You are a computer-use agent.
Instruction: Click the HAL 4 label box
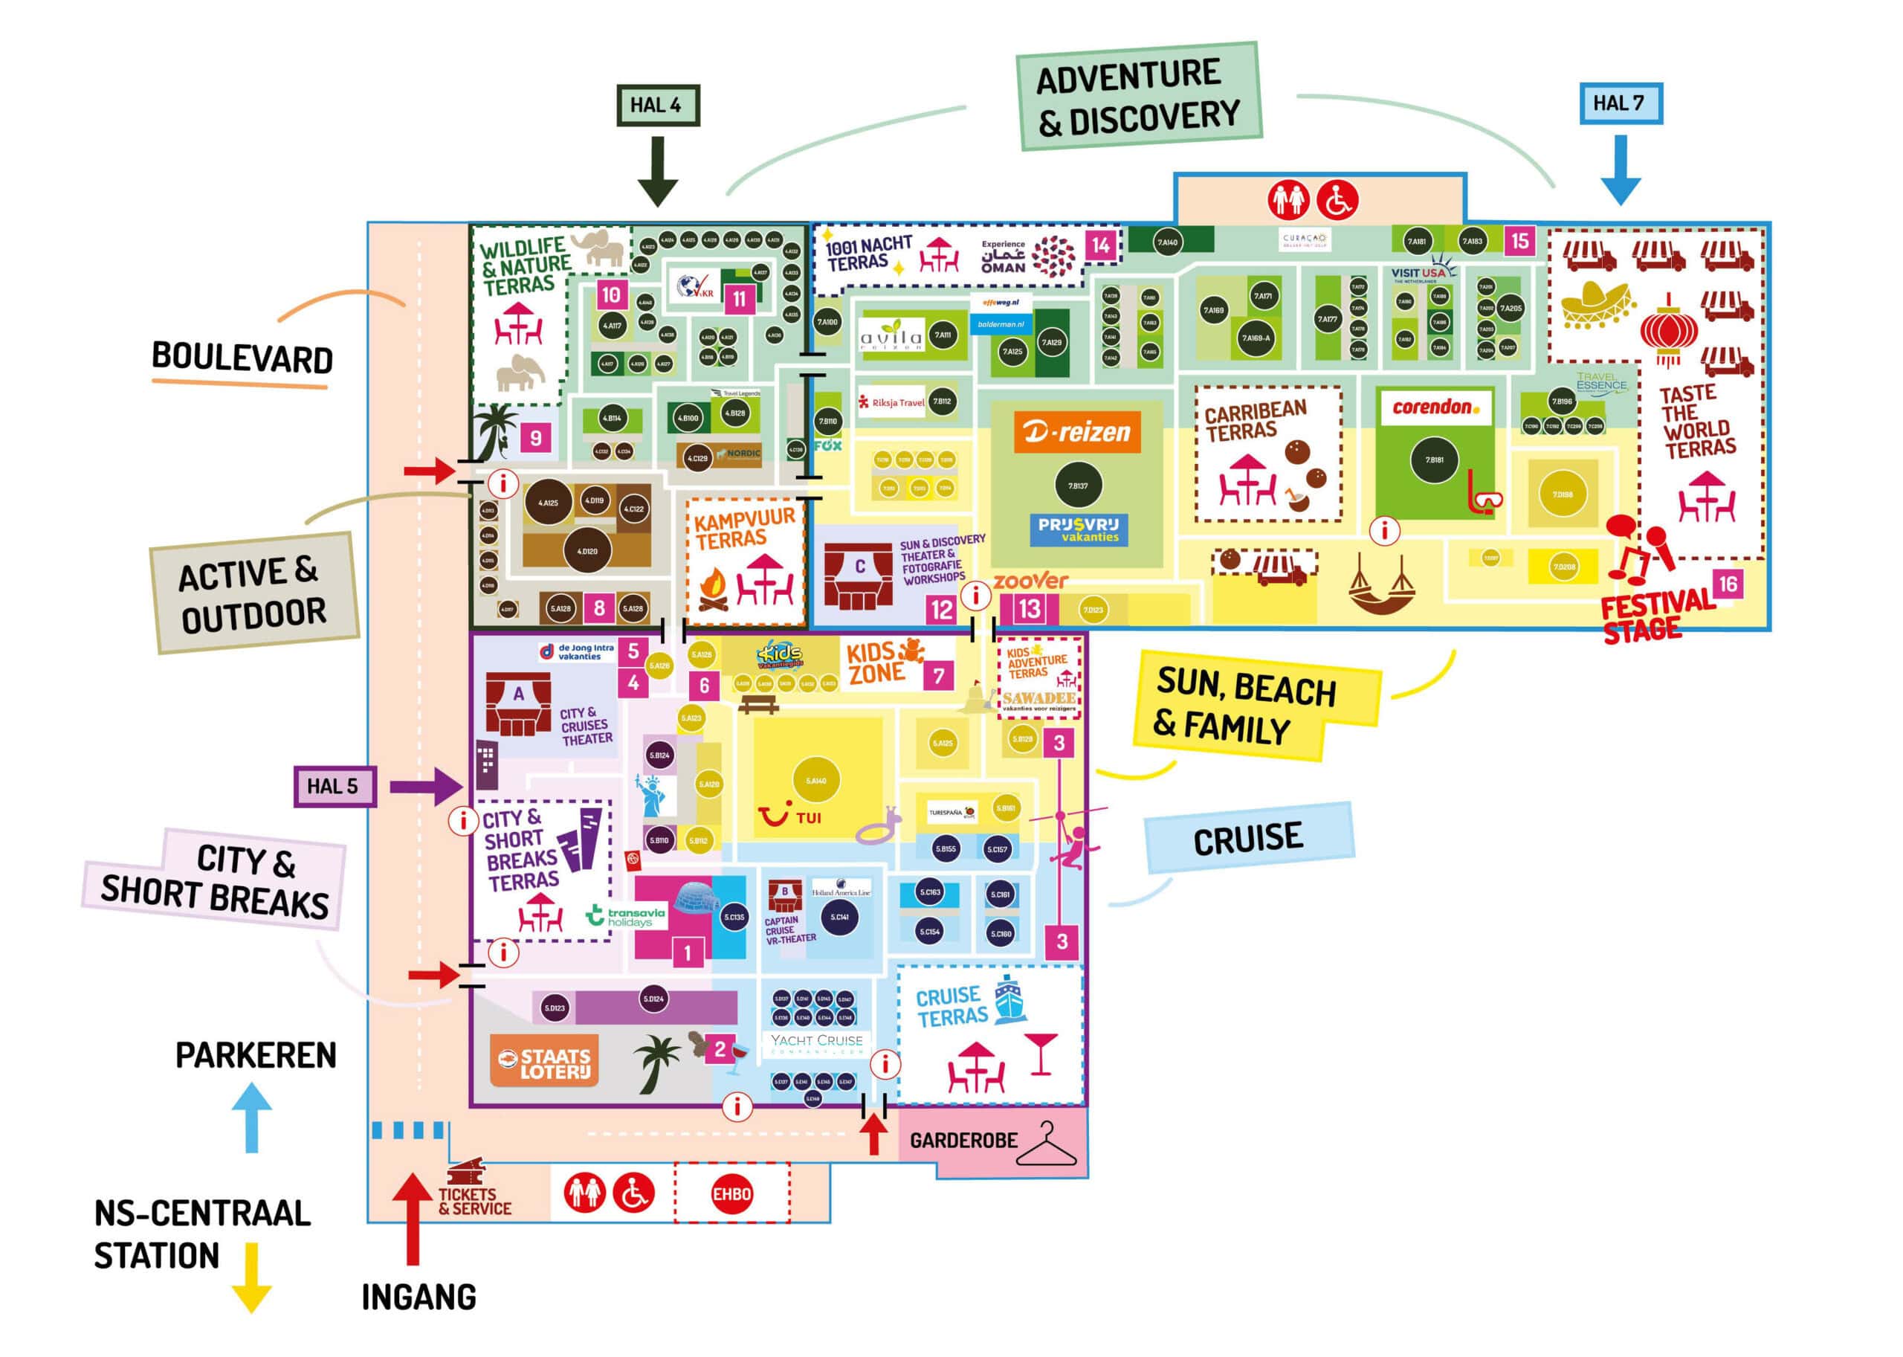coord(657,106)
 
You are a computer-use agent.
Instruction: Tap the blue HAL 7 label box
coord(1620,103)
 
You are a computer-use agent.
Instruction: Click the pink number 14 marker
coord(1100,245)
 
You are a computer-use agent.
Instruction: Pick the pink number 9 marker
coord(535,437)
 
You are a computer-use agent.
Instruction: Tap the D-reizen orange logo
coord(1077,432)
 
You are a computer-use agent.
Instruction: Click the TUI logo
coord(788,815)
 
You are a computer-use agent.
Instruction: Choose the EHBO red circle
coord(731,1194)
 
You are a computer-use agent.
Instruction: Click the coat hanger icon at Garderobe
coord(1047,1146)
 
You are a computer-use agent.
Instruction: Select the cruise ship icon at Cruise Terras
coord(1010,999)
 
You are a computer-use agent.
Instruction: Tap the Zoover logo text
coord(1030,581)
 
